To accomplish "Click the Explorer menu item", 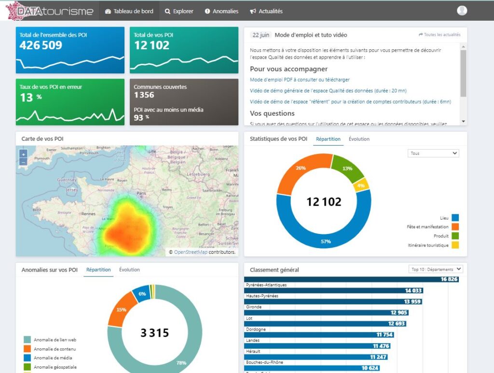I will click(x=179, y=11).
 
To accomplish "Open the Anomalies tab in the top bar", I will click(x=221, y=11).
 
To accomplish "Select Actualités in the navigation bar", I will click(x=266, y=11).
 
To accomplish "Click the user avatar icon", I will click(x=462, y=11).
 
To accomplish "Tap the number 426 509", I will click(x=41, y=45).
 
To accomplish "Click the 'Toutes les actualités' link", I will click(x=439, y=35).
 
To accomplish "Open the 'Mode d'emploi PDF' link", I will click(x=300, y=80).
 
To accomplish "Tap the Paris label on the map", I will click(x=141, y=193).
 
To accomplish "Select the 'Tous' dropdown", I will click(x=433, y=153).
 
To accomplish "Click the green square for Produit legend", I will click(x=455, y=236).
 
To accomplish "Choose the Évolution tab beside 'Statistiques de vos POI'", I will click(x=359, y=139).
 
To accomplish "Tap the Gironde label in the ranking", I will click(x=254, y=307).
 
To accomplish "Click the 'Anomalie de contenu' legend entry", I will click(x=55, y=349).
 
